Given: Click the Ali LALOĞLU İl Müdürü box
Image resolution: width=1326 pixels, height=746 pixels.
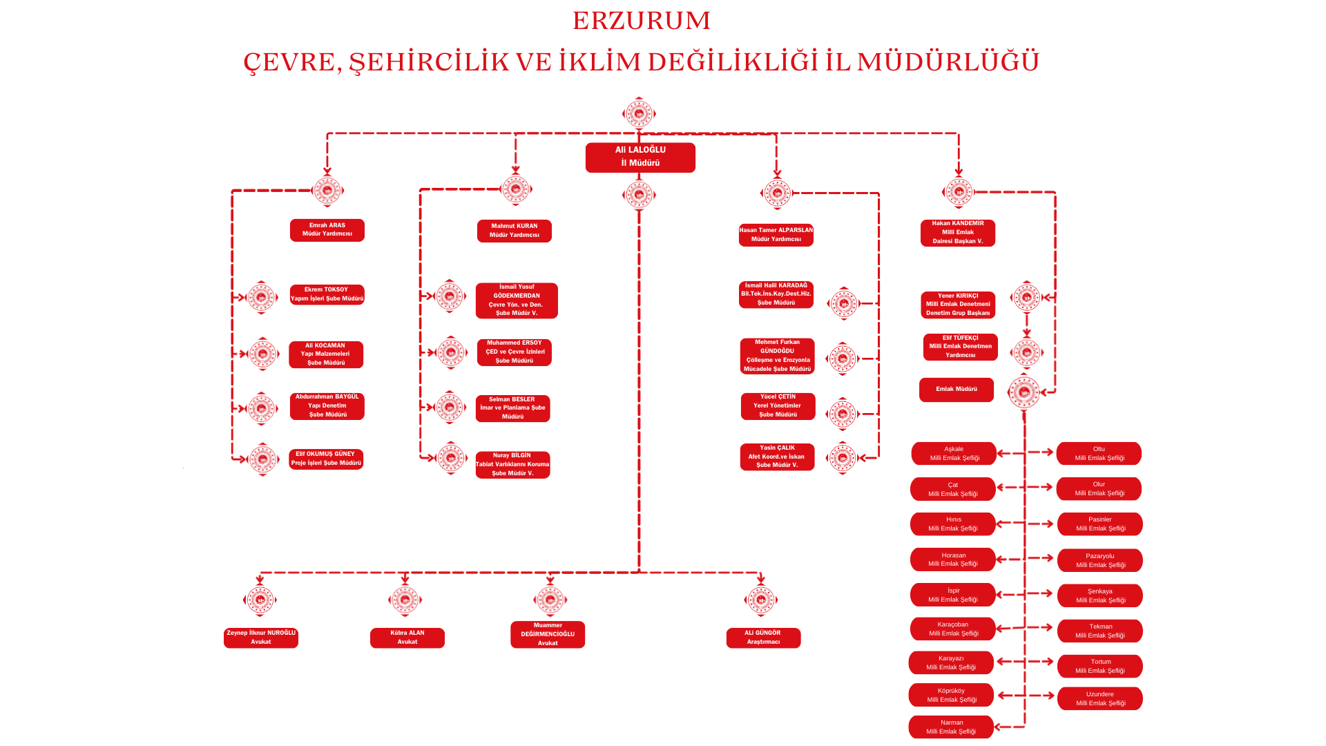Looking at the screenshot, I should click(x=640, y=157).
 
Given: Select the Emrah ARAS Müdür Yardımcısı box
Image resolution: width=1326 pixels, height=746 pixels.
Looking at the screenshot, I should click(x=327, y=230).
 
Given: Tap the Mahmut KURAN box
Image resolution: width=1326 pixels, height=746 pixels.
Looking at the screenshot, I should click(x=515, y=231).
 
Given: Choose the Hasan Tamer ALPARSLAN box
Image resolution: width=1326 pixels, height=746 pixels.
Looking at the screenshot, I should click(x=776, y=235).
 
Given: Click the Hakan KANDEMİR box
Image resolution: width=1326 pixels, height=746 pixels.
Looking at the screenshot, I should click(x=958, y=233).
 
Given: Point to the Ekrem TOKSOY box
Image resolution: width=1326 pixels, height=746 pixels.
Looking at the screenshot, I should click(x=327, y=294).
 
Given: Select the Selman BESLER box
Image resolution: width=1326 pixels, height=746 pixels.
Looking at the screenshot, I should click(x=513, y=408).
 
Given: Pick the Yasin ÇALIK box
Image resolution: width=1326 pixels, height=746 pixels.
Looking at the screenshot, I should click(x=777, y=457).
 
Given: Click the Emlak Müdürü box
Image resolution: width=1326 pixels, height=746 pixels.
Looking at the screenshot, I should click(x=957, y=390).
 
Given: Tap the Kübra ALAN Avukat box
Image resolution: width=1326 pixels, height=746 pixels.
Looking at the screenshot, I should click(x=407, y=638).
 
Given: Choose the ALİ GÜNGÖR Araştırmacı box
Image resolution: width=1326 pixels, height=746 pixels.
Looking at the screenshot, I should click(x=763, y=638).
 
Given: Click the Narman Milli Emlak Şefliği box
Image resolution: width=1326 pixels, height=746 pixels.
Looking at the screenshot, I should click(x=951, y=727).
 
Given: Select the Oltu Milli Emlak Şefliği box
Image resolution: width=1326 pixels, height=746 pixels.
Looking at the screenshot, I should click(x=1099, y=454).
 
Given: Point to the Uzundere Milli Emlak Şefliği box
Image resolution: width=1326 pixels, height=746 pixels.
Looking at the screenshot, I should click(x=1100, y=699).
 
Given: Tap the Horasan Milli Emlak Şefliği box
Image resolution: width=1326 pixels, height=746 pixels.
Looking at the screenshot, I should click(x=953, y=559).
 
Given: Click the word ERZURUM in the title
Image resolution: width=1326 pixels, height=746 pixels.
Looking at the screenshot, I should click(x=642, y=21).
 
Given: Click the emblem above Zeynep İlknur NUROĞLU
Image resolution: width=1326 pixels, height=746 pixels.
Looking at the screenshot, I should click(x=260, y=600).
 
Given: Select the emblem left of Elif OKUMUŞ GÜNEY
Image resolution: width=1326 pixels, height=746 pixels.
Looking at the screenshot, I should click(x=262, y=459).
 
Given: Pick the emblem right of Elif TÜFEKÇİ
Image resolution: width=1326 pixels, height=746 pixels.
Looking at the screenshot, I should click(x=1026, y=353).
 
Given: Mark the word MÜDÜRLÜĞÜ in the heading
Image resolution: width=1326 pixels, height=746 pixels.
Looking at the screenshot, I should click(x=948, y=62).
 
